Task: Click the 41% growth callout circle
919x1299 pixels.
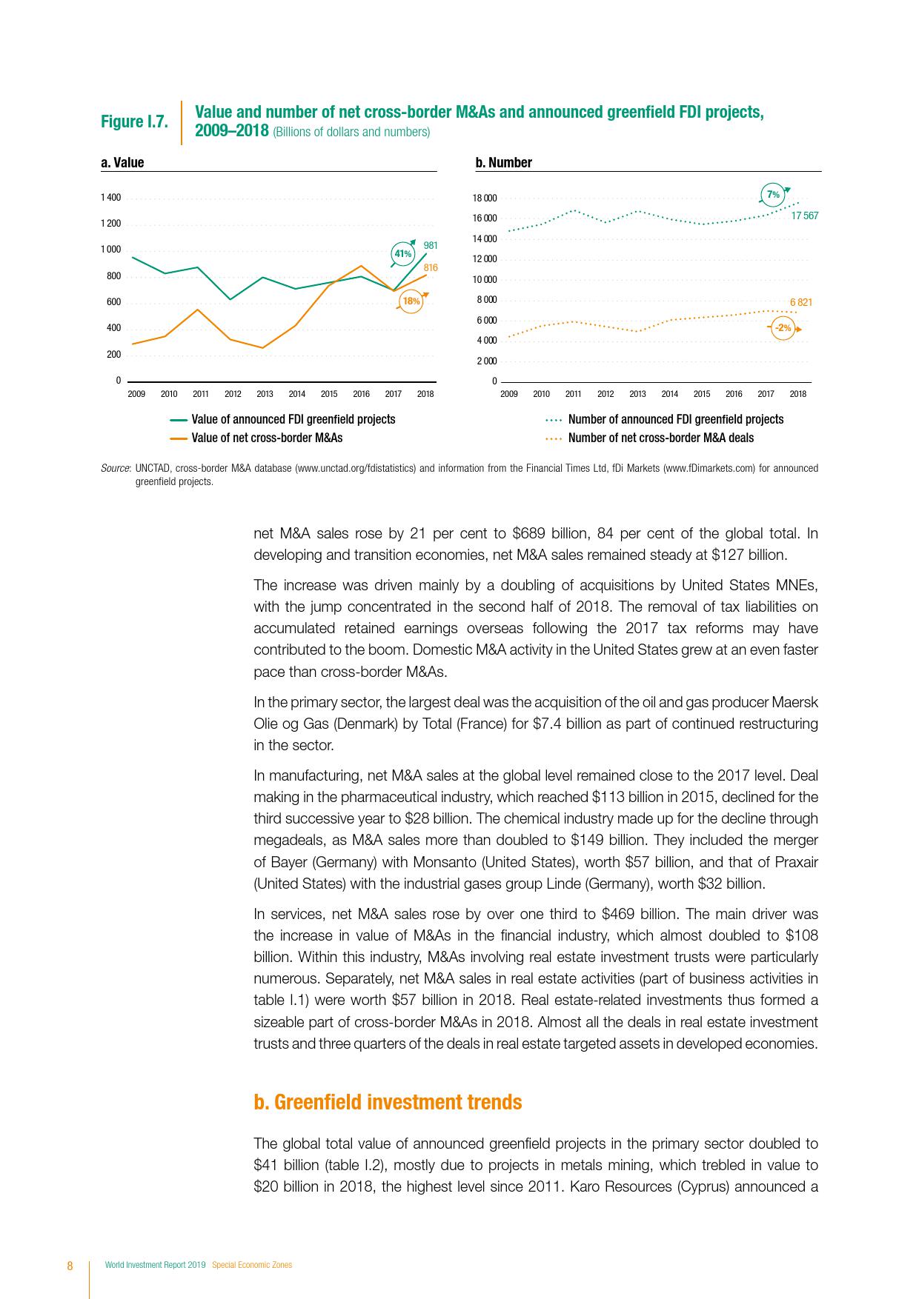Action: [x=402, y=254]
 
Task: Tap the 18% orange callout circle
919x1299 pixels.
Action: [x=411, y=301]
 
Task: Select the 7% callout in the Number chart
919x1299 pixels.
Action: [x=773, y=195]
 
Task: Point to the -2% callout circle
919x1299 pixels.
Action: [x=783, y=327]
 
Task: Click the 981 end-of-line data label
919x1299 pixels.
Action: [x=431, y=245]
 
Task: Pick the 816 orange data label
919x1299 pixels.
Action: [x=431, y=267]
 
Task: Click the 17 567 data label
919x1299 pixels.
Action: [x=804, y=216]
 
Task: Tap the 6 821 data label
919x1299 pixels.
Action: [x=801, y=302]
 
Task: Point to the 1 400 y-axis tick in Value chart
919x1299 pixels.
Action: [x=111, y=198]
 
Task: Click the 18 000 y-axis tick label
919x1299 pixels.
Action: [x=485, y=198]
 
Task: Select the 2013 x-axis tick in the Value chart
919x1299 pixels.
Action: [x=265, y=394]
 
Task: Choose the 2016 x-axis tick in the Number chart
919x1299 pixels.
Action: [x=734, y=394]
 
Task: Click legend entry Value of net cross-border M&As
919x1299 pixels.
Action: [x=267, y=438]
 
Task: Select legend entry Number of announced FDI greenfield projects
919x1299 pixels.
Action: [x=675, y=419]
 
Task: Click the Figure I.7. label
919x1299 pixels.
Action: [x=134, y=121]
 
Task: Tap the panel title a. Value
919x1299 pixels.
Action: [x=122, y=163]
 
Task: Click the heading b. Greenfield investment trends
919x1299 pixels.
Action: [x=388, y=1102]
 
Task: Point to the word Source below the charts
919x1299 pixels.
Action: [x=115, y=468]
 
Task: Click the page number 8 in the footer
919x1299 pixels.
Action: [x=70, y=1265]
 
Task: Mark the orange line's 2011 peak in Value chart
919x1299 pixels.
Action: [x=196, y=309]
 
